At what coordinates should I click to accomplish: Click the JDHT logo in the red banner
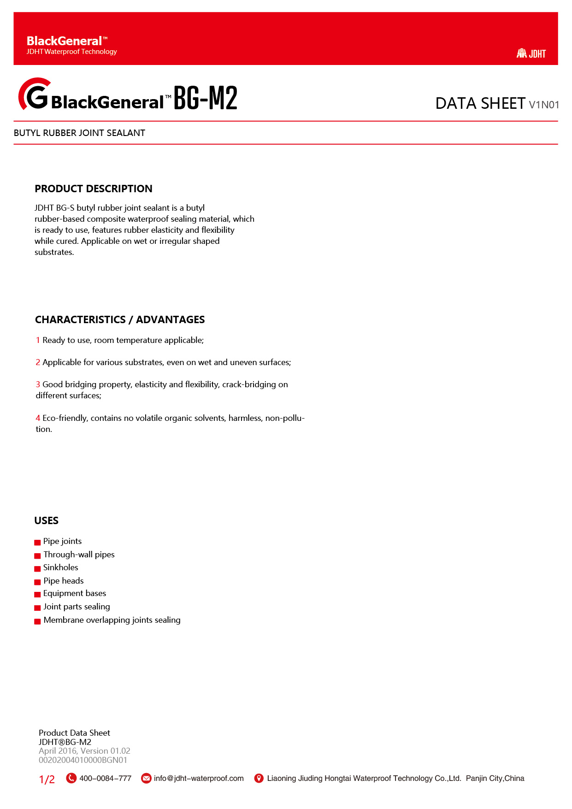pos(531,53)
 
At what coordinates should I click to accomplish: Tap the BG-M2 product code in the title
pos(205,98)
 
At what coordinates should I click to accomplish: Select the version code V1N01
pos(544,105)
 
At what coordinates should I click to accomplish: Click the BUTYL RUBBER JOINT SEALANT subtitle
pos(79,133)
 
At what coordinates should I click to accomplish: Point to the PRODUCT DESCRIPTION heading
pos(93,189)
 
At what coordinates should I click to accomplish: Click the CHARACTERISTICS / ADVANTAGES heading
pos(120,319)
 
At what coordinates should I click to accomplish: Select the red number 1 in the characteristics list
pos(38,340)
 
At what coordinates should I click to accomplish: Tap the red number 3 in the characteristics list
pos(38,384)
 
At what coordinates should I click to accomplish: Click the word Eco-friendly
pos(64,418)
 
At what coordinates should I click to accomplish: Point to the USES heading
pos(46,520)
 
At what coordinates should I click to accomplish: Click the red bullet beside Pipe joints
pos(37,543)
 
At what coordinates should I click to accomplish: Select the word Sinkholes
pos(61,567)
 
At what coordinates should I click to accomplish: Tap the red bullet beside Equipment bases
pos(37,595)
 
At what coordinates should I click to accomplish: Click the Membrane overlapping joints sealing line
pos(112,620)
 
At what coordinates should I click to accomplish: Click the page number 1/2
pos(47,779)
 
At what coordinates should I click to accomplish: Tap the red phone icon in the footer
pos(71,778)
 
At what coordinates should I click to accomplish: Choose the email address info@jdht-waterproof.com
pos(199,779)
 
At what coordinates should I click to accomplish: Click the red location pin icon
pos(259,778)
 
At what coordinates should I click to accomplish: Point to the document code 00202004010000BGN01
pos(83,760)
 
